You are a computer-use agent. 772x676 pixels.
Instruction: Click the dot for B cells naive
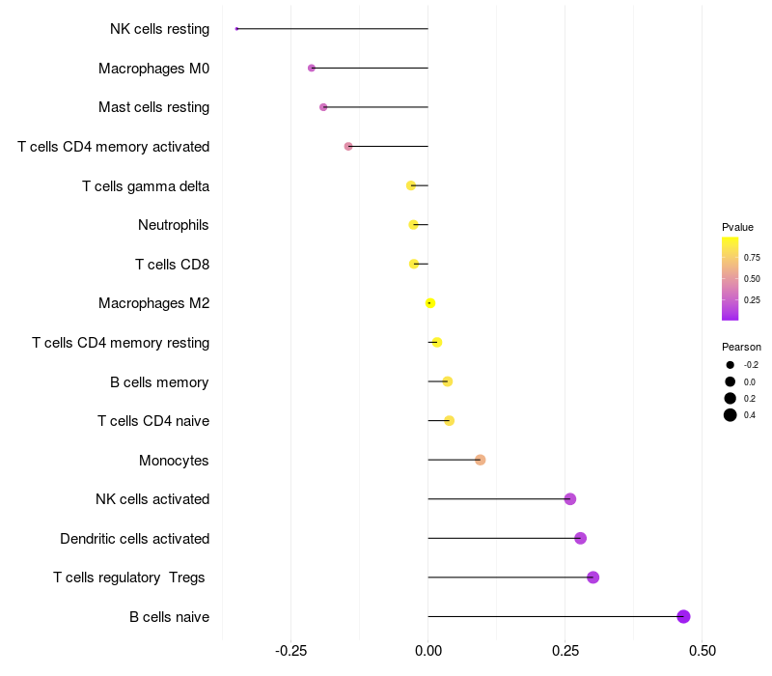pyautogui.click(x=683, y=616)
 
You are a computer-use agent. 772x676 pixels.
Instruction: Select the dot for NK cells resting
pyautogui.click(x=236, y=29)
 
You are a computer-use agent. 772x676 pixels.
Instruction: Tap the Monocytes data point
pyautogui.click(x=480, y=460)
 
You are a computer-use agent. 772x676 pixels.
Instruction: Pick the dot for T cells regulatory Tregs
pyautogui.click(x=593, y=577)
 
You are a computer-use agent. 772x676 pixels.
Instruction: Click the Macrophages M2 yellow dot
pyautogui.click(x=430, y=303)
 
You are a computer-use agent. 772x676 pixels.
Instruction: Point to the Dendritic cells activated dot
pyautogui.click(x=580, y=538)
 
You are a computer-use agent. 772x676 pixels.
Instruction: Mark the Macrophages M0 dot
pyautogui.click(x=311, y=68)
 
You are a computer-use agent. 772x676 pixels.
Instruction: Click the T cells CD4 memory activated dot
pyautogui.click(x=348, y=146)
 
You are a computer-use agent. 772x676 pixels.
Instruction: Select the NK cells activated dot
pyautogui.click(x=570, y=499)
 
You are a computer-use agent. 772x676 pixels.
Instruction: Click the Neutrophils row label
pyautogui.click(x=174, y=225)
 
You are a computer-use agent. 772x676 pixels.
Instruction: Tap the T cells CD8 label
pyautogui.click(x=172, y=264)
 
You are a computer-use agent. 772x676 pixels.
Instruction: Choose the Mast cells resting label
pyautogui.click(x=153, y=107)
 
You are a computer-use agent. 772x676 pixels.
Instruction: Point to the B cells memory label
pyautogui.click(x=159, y=381)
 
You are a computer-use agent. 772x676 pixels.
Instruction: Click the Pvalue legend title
pyautogui.click(x=737, y=227)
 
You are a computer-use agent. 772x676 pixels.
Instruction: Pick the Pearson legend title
pyautogui.click(x=741, y=347)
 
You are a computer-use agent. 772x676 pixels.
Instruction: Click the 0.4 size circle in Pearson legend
pyautogui.click(x=731, y=415)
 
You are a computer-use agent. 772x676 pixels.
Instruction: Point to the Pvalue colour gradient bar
pyautogui.click(x=731, y=278)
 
